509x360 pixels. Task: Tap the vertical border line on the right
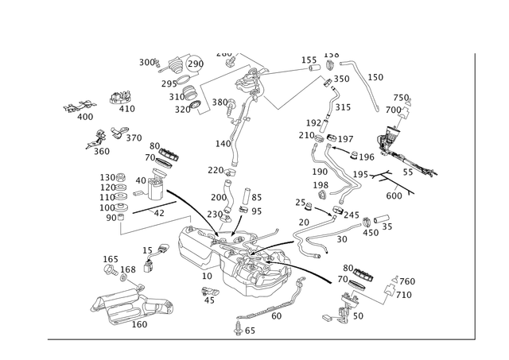(476, 199)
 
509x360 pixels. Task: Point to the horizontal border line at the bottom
(262, 340)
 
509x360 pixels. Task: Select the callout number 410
(120, 95)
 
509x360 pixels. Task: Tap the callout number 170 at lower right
(406, 282)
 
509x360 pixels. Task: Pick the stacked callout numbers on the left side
(111, 191)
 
